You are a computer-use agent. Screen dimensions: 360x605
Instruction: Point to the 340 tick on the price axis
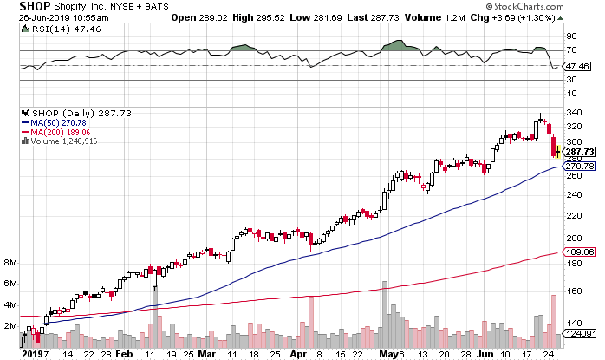click(x=572, y=113)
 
